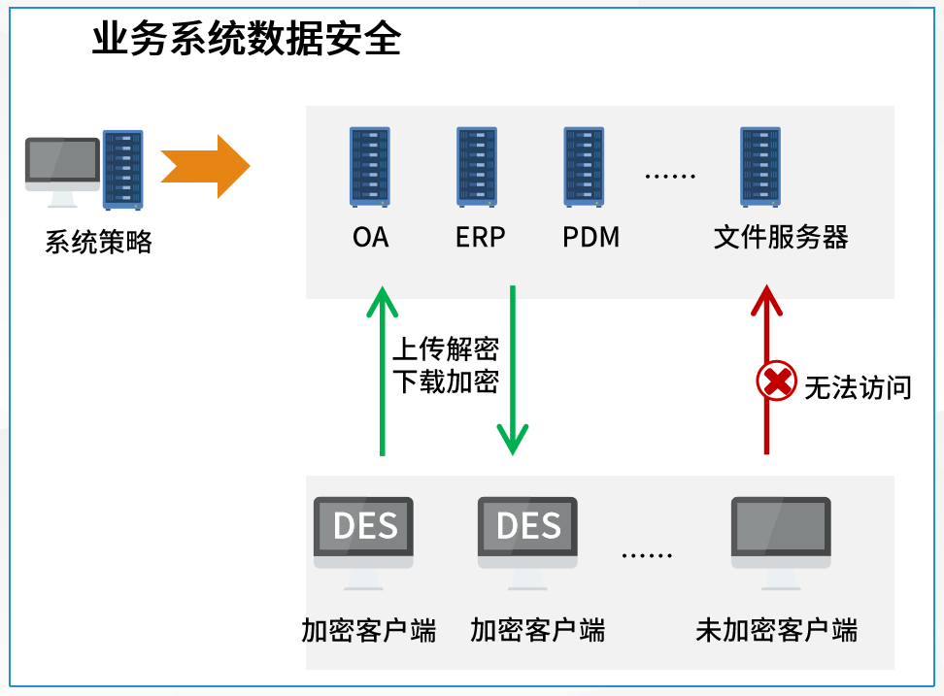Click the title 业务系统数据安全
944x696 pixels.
[247, 40]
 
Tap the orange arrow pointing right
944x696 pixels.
[205, 167]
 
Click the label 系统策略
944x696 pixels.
[99, 242]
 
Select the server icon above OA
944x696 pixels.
[369, 167]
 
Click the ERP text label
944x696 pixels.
[480, 237]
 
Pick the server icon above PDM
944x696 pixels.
[585, 167]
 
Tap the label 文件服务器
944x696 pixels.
[781, 237]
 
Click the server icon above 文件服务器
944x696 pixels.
[760, 167]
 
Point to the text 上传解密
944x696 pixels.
[446, 348]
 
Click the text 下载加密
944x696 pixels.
[446, 381]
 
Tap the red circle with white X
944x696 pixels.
[777, 381]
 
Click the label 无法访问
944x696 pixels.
[859, 387]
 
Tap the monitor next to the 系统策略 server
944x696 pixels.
[62, 165]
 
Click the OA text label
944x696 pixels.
[370, 237]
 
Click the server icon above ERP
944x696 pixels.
[477, 167]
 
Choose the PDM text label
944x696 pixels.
[590, 237]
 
